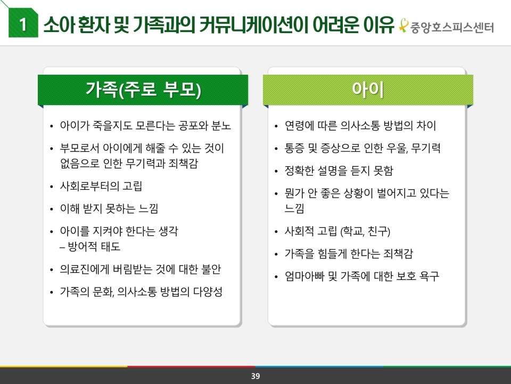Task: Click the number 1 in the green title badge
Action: (23, 24)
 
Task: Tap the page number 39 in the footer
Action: (256, 376)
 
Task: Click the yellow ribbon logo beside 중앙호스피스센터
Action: (403, 26)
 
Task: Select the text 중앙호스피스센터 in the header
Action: (452, 27)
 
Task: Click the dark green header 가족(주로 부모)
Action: (143, 90)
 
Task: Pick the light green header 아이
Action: (368, 90)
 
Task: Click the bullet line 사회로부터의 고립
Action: (101, 186)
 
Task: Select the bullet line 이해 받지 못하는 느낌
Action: (109, 209)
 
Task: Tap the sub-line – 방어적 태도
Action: (90, 246)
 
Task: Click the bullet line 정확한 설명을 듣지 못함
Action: (339, 171)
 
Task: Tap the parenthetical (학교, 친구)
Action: (365, 231)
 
